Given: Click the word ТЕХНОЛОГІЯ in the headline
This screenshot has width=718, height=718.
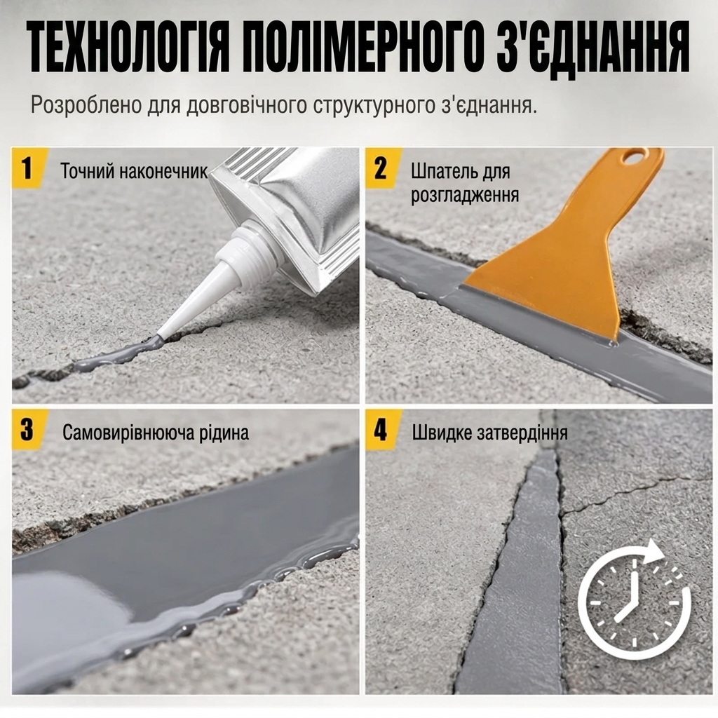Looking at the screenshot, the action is [x=128, y=46].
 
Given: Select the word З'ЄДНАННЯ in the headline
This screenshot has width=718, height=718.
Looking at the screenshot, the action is [x=593, y=46].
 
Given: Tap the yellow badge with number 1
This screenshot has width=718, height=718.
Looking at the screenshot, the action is [x=28, y=168].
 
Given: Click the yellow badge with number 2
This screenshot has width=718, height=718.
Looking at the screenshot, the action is [x=382, y=168].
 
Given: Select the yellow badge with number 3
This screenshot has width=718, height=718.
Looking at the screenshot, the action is [x=28, y=430].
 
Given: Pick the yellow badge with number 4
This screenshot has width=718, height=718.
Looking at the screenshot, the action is [x=382, y=430].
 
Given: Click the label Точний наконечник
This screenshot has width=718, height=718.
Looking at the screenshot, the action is [x=134, y=171].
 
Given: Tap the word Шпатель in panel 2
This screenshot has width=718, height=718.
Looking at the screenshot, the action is [x=439, y=172].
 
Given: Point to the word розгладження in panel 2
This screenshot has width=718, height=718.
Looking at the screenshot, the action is [x=465, y=196].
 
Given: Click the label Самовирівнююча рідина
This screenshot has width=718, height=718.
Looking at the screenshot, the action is [x=156, y=433].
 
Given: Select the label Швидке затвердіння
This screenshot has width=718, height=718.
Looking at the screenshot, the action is [x=490, y=433].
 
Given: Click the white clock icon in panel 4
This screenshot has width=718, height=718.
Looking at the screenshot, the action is [x=633, y=600].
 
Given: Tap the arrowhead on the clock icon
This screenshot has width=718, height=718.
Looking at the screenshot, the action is [x=654, y=553].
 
